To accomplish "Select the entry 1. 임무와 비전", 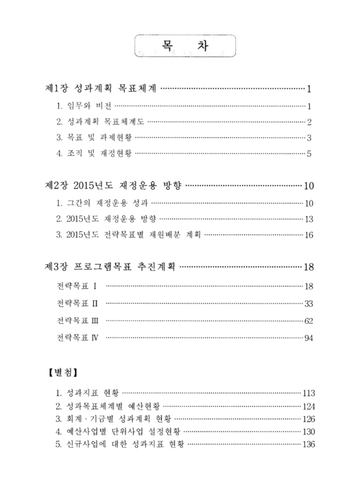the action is click(84, 106).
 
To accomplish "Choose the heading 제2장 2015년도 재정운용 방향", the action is click(113, 186).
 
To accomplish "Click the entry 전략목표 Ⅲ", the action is click(78, 321).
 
